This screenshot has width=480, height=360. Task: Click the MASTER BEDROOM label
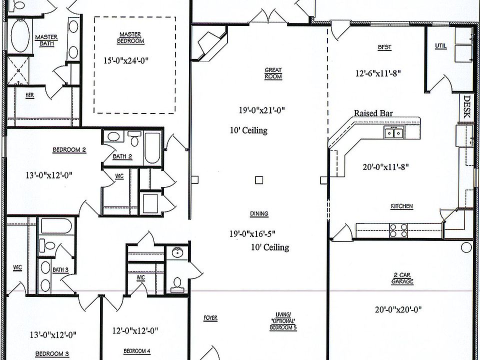point(130,37)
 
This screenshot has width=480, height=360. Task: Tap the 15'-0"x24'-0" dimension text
point(126,60)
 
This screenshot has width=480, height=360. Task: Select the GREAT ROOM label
point(273,73)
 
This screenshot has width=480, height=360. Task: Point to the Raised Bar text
point(373,113)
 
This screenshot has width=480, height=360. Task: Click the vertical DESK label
point(466,106)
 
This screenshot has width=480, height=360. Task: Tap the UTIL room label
point(440,46)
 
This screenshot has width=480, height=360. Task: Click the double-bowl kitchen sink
point(393,132)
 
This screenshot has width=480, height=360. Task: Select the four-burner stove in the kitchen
point(398,230)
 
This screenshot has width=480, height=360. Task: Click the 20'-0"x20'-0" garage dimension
point(398,309)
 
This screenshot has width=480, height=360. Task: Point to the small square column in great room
point(258,179)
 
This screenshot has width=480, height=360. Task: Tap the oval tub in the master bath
point(20,36)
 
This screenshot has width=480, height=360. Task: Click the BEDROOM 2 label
point(69,149)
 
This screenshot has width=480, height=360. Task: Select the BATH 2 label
point(122,156)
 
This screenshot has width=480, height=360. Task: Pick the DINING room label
point(259,214)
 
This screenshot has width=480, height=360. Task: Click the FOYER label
point(210,318)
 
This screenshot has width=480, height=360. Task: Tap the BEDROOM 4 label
point(136,351)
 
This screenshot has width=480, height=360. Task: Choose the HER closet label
point(30,95)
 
